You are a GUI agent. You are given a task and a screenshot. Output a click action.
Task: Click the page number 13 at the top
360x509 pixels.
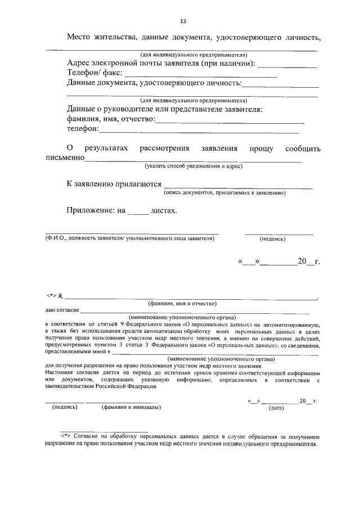(x=183, y=21)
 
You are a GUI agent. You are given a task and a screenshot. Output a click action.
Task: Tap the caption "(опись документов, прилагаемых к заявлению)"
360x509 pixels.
(x=224, y=193)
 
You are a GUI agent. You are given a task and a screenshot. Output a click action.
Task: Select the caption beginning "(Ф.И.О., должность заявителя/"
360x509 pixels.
(x=129, y=238)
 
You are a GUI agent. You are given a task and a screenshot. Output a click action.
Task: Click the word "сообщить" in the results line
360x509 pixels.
(x=303, y=149)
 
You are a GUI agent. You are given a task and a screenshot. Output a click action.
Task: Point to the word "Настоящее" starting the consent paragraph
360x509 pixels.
(x=60, y=373)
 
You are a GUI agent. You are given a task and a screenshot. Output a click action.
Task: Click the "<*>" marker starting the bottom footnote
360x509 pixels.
(x=65, y=436)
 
